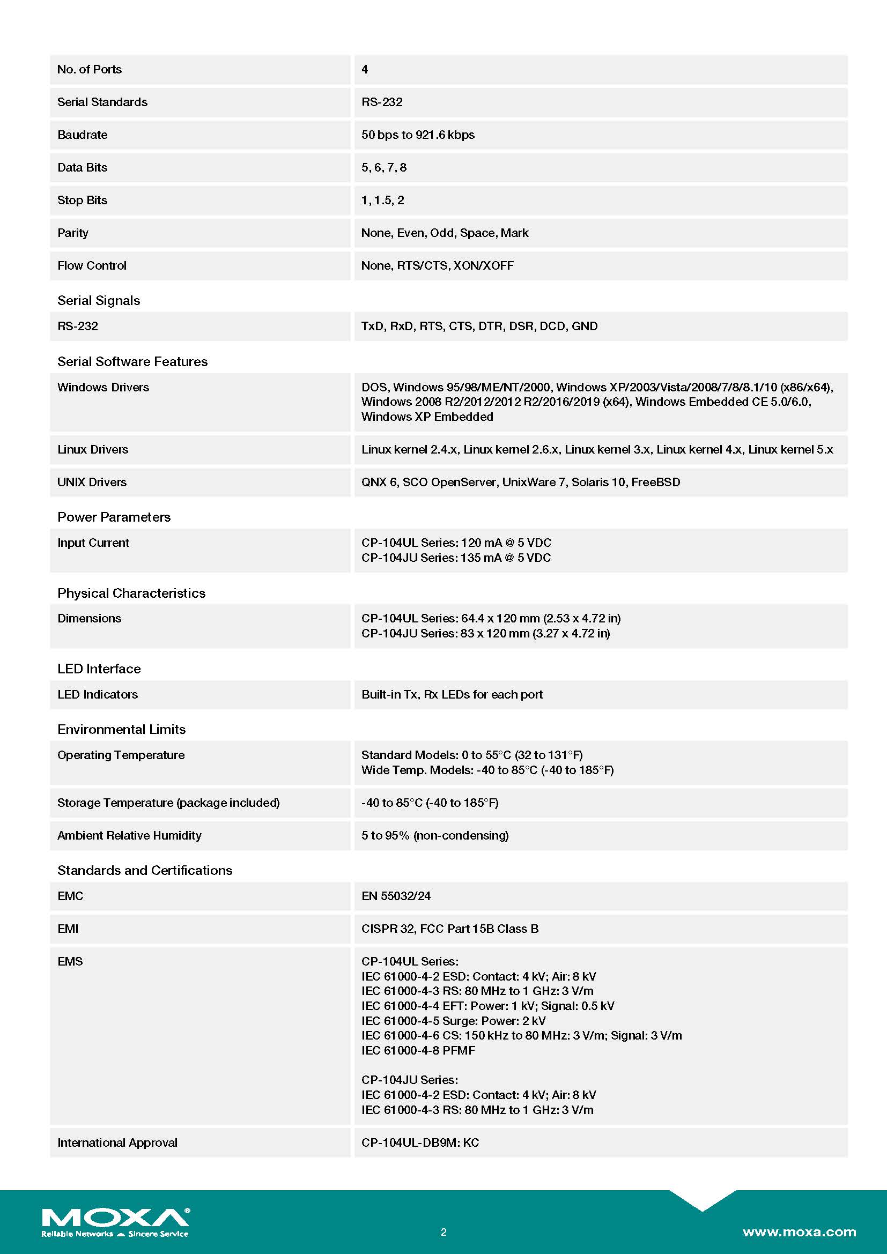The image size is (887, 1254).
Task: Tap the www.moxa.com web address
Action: tap(799, 1231)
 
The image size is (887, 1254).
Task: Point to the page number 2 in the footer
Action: tap(443, 1232)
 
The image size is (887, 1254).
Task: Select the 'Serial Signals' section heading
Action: tap(98, 300)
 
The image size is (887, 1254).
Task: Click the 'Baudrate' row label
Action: tap(83, 135)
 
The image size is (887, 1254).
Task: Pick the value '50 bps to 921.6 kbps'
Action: tap(418, 135)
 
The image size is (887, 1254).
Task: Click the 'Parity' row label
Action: tap(72, 233)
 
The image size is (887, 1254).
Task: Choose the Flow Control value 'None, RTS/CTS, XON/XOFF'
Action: tap(438, 266)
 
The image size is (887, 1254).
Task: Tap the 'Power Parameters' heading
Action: tap(114, 517)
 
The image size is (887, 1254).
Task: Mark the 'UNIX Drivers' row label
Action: tap(92, 483)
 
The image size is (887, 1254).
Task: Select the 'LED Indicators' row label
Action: tap(97, 695)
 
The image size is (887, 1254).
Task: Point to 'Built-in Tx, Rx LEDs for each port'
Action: tap(452, 695)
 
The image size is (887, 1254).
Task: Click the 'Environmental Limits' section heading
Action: tap(121, 730)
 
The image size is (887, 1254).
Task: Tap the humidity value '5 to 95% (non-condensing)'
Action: tap(435, 836)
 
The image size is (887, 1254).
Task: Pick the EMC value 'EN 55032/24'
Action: tap(395, 896)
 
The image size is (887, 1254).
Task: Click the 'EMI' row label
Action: tap(68, 929)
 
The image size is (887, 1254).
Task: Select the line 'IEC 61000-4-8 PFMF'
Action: tap(418, 1050)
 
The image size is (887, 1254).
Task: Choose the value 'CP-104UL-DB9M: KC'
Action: tap(420, 1142)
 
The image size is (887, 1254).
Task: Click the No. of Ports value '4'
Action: tap(365, 70)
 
